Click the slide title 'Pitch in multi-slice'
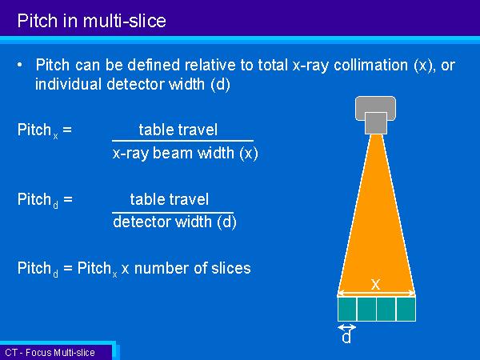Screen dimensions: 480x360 click(91, 21)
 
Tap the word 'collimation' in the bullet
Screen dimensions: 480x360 click(370, 65)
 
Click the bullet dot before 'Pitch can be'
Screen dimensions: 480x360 click(20, 65)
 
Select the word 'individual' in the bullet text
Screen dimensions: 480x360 click(68, 84)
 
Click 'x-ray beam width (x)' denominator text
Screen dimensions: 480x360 click(186, 153)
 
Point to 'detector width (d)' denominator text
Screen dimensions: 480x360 click(174, 222)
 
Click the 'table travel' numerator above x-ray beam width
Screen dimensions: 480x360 click(178, 130)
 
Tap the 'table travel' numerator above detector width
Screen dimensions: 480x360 click(170, 199)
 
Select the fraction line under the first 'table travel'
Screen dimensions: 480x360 click(182, 141)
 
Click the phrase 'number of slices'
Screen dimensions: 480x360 click(193, 268)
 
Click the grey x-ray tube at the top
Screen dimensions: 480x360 click(375, 114)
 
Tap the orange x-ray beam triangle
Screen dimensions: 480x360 click(376, 233)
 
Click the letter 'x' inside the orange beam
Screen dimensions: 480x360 click(376, 284)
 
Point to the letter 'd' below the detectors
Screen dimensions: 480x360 click(346, 337)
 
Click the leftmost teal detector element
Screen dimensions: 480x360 click(347, 309)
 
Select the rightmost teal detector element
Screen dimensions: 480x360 click(406, 309)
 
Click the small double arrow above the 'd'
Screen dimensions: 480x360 click(347, 327)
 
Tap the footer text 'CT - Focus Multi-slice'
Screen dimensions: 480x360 click(50, 353)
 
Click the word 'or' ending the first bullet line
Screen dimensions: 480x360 click(448, 66)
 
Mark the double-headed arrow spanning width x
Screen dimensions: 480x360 click(376, 294)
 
